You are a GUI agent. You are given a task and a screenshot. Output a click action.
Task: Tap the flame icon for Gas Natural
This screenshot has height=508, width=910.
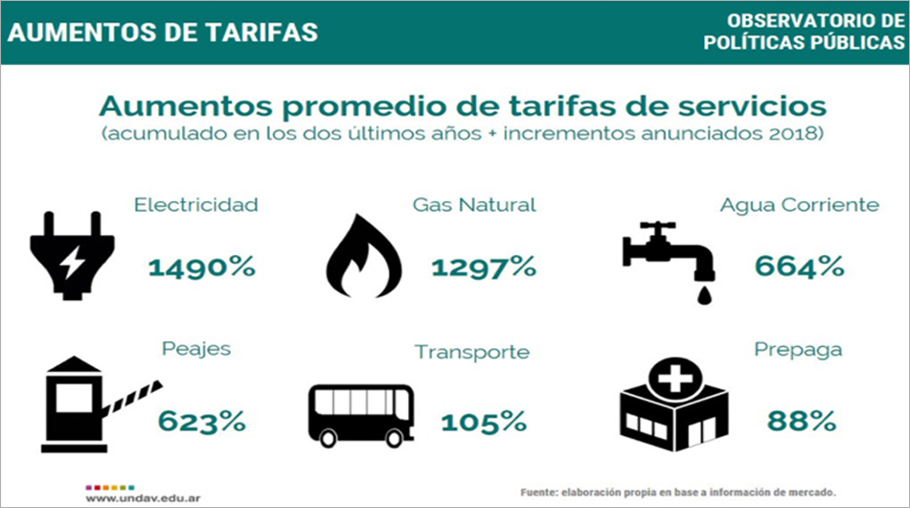(364, 256)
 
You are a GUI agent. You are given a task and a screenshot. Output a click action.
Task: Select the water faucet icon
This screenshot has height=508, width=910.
(669, 256)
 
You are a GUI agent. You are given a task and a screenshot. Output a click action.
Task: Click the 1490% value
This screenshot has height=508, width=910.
(202, 267)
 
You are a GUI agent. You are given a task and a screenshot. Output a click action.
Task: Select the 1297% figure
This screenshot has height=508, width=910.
(484, 267)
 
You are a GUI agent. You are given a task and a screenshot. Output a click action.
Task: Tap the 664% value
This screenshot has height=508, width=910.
(799, 266)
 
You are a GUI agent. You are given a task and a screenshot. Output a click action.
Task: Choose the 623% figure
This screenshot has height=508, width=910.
(202, 422)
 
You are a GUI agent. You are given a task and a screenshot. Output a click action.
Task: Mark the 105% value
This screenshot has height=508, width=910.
(484, 422)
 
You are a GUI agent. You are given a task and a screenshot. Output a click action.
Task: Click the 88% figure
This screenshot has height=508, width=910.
(802, 421)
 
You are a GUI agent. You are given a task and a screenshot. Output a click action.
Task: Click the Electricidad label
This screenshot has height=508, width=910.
(196, 205)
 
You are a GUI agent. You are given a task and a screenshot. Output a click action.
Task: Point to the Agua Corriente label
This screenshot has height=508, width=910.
(799, 205)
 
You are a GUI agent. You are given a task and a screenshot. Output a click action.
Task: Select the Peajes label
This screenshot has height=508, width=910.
(196, 349)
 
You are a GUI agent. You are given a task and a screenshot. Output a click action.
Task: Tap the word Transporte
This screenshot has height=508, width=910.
(472, 353)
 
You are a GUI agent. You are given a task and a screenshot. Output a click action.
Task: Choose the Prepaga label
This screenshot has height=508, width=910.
(798, 350)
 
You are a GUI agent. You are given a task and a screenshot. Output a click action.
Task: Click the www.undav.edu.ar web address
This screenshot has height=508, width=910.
(143, 498)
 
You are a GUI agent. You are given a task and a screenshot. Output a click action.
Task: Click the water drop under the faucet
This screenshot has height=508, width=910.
(705, 295)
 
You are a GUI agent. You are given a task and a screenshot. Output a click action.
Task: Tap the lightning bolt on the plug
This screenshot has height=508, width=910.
(73, 263)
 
